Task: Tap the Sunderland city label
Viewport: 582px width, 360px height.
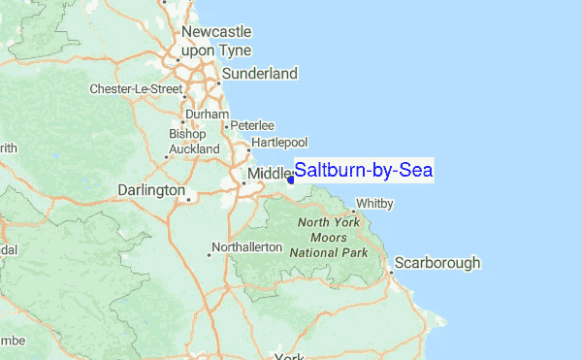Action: coord(259,74)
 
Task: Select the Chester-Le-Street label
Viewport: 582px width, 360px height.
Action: coord(136,89)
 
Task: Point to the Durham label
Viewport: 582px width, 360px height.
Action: coord(205,114)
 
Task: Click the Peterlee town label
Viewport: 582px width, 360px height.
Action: coord(252,126)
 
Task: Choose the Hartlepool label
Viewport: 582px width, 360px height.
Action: coord(279,143)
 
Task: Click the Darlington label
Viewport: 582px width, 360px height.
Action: coord(150,189)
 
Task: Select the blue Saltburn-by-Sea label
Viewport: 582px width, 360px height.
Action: coord(364,171)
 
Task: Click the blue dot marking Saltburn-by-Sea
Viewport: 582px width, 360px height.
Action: coord(291,179)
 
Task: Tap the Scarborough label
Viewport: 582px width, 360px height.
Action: coord(437,263)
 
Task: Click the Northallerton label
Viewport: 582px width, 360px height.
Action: coord(246,247)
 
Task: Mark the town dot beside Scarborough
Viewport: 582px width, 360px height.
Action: coord(390,272)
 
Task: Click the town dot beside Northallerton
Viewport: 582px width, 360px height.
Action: coord(209,255)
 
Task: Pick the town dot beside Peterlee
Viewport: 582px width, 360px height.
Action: coord(226,126)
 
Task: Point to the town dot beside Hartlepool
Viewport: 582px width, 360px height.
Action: coord(247,149)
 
